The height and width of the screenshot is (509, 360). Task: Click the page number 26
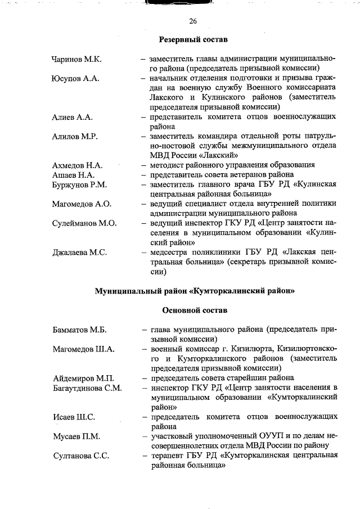[x=193, y=21]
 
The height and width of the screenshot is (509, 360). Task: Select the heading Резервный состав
[x=193, y=40]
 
